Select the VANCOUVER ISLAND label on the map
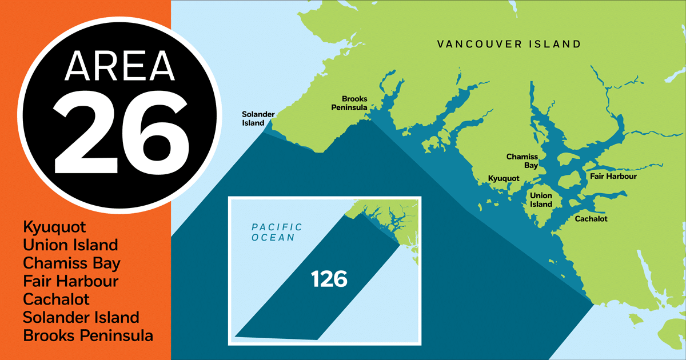click(x=509, y=44)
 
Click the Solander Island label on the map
click(x=253, y=119)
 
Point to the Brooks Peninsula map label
click(x=354, y=103)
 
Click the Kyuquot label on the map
click(x=504, y=179)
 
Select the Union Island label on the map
click(x=541, y=200)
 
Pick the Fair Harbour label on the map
click(x=613, y=177)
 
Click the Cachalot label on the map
click(x=591, y=219)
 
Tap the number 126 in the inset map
click(x=329, y=279)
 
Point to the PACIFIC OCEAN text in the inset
click(x=277, y=232)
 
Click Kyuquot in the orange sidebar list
click(x=55, y=227)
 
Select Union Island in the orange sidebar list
click(x=70, y=245)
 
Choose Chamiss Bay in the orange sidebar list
click(x=72, y=263)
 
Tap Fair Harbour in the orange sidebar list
click(x=71, y=281)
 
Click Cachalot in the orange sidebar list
click(x=57, y=299)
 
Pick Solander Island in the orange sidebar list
click(x=81, y=317)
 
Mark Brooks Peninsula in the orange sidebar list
click(x=88, y=335)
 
